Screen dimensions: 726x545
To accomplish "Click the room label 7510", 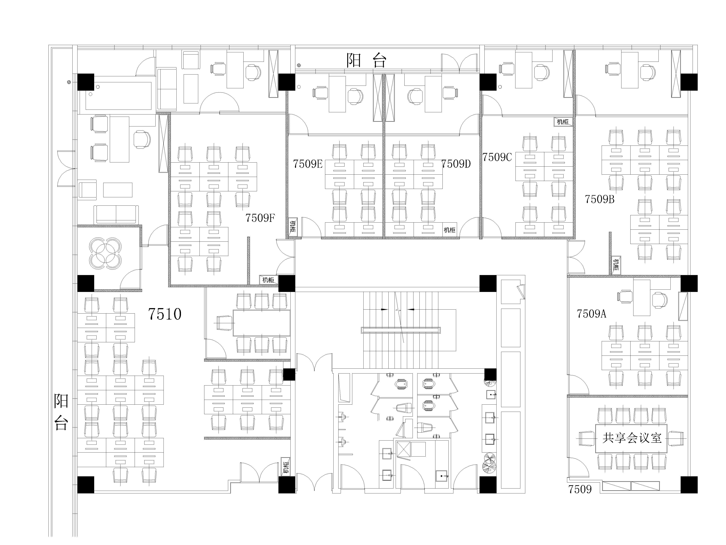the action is (165, 314).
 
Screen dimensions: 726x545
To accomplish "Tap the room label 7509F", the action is (260, 218).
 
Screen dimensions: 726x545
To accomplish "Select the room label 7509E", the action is (308, 164).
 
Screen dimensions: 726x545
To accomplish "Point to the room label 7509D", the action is (456, 164).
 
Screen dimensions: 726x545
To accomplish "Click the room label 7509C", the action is (497, 157).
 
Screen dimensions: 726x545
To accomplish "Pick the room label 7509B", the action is (600, 199).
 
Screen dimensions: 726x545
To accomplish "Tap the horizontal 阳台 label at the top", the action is (367, 60).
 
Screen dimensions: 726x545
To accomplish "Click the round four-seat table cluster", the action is (105, 253).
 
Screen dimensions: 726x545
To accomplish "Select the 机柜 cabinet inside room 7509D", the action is (449, 230).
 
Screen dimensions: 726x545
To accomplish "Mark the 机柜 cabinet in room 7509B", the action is (615, 265).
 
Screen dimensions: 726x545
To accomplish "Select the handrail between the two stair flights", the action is (401, 330).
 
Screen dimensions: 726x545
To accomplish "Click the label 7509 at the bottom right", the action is (580, 489).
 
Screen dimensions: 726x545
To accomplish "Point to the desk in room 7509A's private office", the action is (642, 298).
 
